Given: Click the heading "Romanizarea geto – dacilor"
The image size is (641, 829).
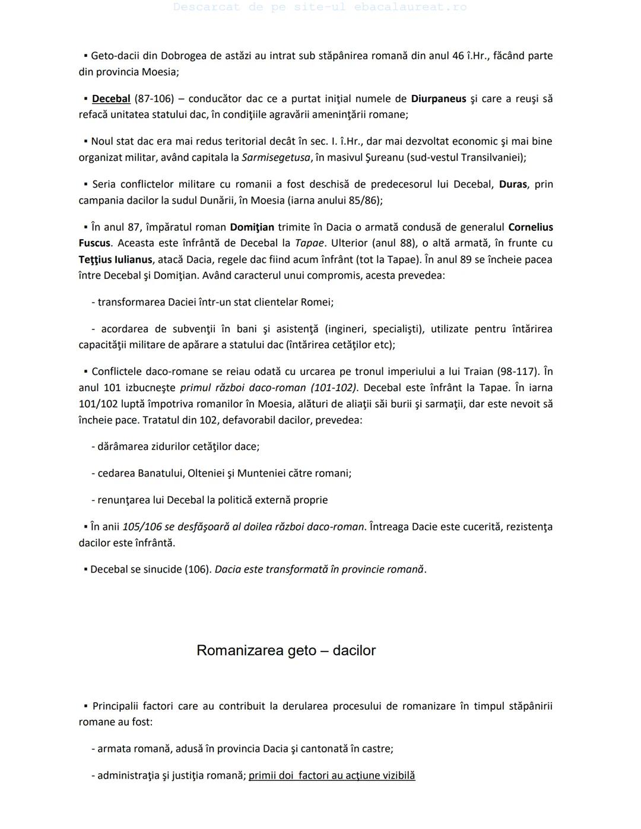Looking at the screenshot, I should (x=285, y=650).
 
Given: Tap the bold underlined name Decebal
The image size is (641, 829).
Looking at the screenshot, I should (x=111, y=99).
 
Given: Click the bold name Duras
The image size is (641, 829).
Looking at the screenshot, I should (x=513, y=184).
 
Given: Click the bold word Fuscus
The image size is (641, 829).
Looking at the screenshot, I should (x=94, y=243).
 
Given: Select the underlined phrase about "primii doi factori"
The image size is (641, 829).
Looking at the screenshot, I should (x=332, y=775).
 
